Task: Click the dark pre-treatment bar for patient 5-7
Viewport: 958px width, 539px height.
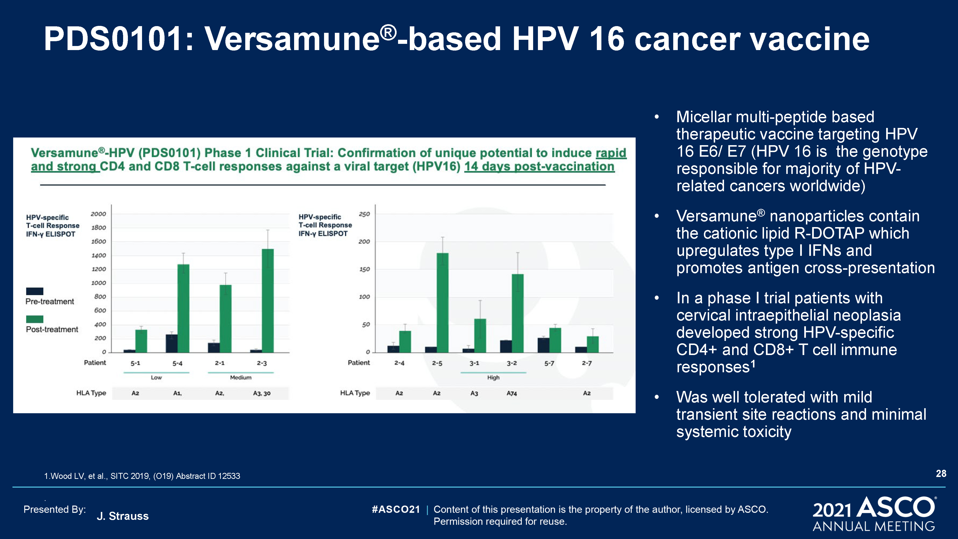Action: click(543, 345)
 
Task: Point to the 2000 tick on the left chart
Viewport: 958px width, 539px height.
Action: click(98, 214)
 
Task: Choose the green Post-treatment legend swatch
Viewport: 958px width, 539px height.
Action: click(34, 319)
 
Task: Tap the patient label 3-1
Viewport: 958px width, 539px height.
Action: click(474, 363)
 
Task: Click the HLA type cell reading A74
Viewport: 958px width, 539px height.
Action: click(512, 393)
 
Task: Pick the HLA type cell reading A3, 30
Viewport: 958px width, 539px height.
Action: click(262, 393)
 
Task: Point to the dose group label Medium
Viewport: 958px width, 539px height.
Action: click(241, 378)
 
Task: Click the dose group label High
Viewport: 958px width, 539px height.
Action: click(493, 378)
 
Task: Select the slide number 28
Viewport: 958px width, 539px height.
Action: click(941, 474)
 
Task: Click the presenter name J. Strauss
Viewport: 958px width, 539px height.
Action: click(123, 516)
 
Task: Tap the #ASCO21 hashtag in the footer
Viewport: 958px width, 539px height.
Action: click(396, 509)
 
